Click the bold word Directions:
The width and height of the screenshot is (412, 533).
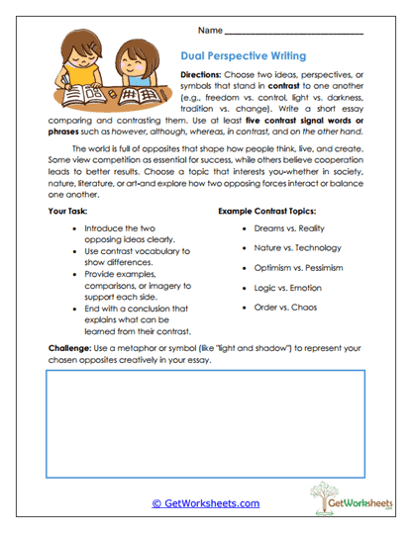coord(207,75)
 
